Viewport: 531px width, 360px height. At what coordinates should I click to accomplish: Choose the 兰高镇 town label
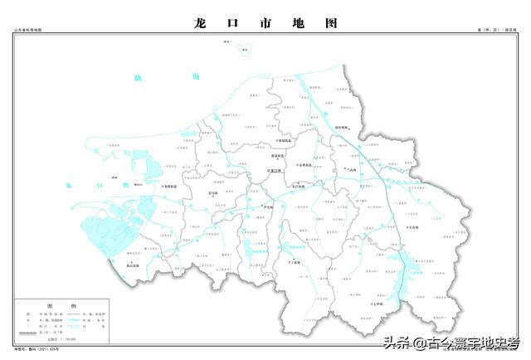(355, 172)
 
